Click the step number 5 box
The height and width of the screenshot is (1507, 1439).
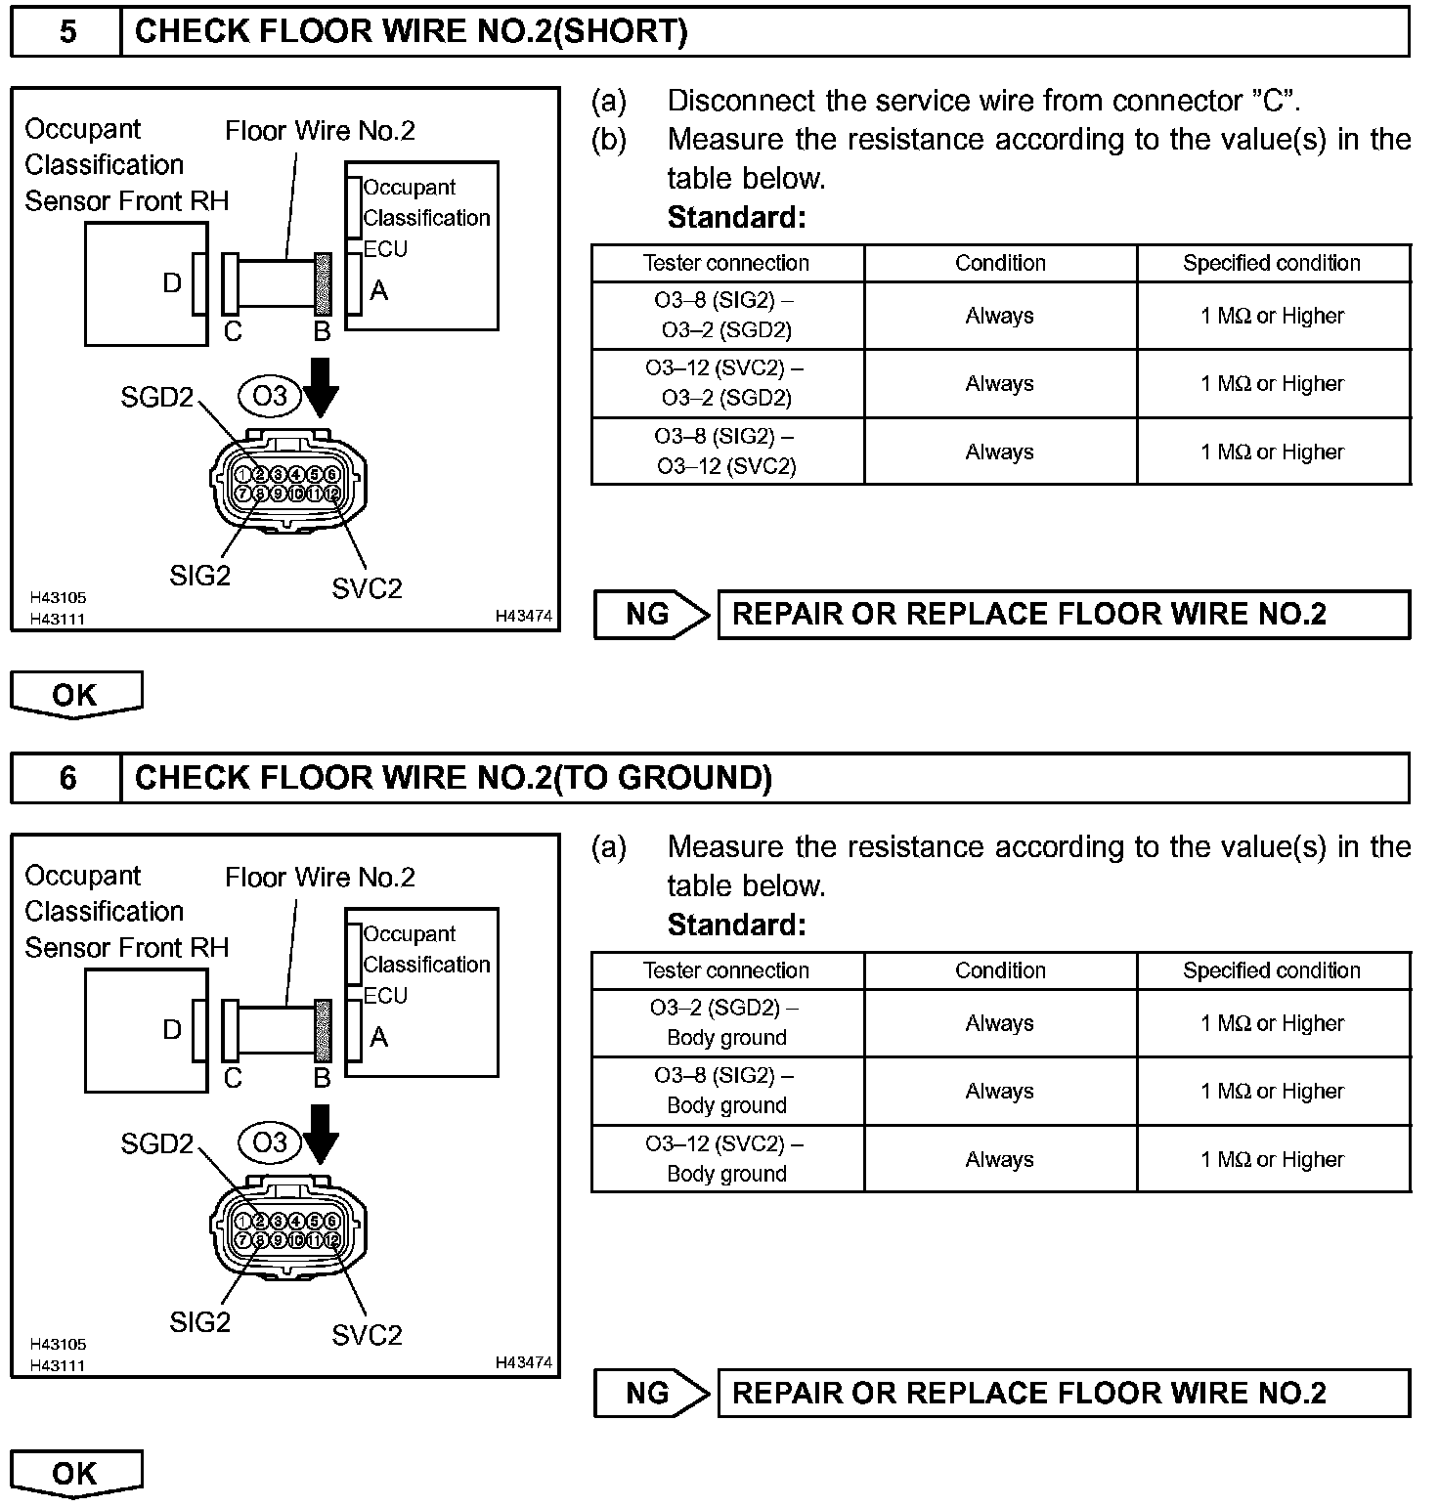point(66,31)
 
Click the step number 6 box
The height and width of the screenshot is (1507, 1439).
point(66,778)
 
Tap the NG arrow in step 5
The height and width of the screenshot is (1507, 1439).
point(651,615)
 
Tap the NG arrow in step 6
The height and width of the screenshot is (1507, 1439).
point(651,1394)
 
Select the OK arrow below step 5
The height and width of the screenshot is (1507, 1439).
point(76,695)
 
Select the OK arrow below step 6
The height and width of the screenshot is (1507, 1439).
point(76,1474)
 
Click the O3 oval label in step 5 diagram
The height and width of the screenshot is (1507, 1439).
point(270,396)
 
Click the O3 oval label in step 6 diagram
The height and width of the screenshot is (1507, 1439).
point(270,1142)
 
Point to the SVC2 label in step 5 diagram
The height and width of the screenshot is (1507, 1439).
point(367,588)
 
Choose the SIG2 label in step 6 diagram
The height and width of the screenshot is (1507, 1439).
point(200,1322)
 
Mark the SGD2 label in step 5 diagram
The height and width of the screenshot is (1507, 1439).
point(156,398)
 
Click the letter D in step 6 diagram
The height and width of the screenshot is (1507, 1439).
point(172,1029)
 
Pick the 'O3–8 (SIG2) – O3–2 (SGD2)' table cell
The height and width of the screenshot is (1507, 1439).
point(727,316)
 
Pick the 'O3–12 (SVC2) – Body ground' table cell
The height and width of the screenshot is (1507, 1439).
point(727,1159)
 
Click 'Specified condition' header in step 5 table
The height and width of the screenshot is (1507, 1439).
point(1272,263)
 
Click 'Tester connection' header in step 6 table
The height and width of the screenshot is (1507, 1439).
point(727,970)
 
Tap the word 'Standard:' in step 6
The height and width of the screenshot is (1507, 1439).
point(737,925)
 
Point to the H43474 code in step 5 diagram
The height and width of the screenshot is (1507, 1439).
point(524,616)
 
